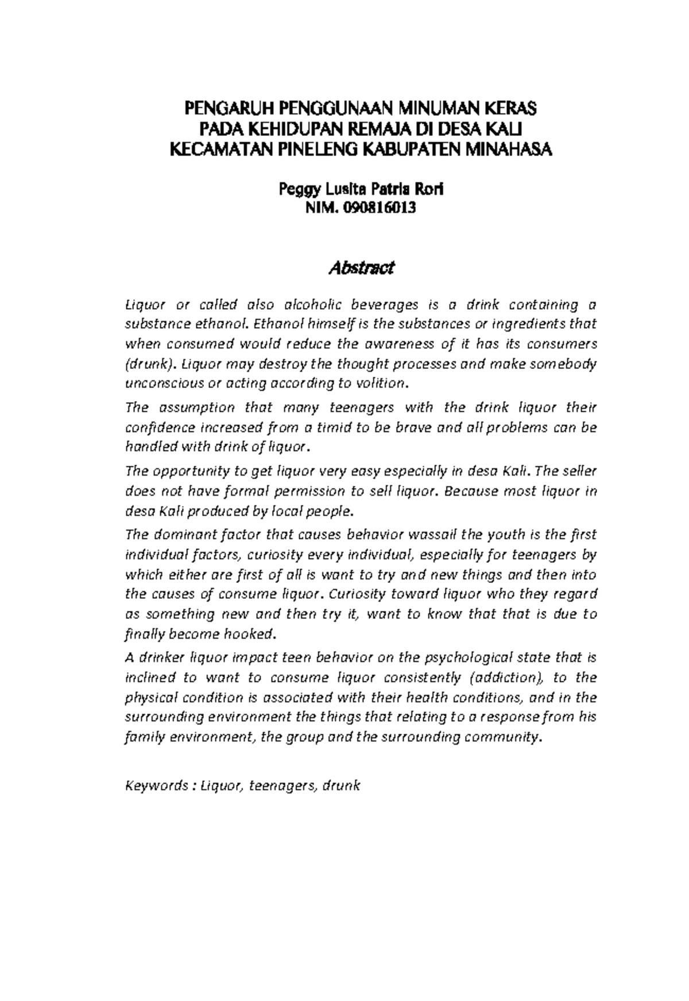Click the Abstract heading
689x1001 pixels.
361,268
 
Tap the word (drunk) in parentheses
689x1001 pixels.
149,364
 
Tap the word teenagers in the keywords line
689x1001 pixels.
282,786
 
